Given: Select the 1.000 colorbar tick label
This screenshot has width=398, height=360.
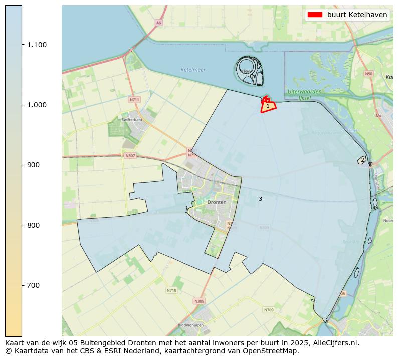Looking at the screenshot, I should tap(38, 105).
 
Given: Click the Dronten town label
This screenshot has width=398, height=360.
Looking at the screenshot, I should tap(217, 202).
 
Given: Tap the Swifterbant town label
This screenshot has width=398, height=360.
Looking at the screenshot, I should tap(132, 120).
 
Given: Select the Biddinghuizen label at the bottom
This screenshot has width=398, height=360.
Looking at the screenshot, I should tap(193, 325).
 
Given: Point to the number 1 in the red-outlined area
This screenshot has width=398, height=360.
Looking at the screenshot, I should tap(268, 106).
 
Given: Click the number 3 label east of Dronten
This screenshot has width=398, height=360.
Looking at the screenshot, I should tap(260, 199).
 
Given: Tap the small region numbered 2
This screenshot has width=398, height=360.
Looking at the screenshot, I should tap(362, 160).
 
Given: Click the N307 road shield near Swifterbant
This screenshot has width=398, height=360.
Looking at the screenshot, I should tap(130, 156).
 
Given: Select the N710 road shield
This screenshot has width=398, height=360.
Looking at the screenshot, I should tap(171, 290).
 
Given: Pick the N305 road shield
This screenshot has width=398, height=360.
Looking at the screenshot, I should tap(199, 301).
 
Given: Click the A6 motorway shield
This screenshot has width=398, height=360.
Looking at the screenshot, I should tap(158, 23).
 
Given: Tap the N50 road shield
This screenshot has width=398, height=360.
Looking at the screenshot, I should tap(369, 74).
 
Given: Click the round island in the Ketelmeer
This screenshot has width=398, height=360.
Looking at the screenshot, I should tap(248, 70).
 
